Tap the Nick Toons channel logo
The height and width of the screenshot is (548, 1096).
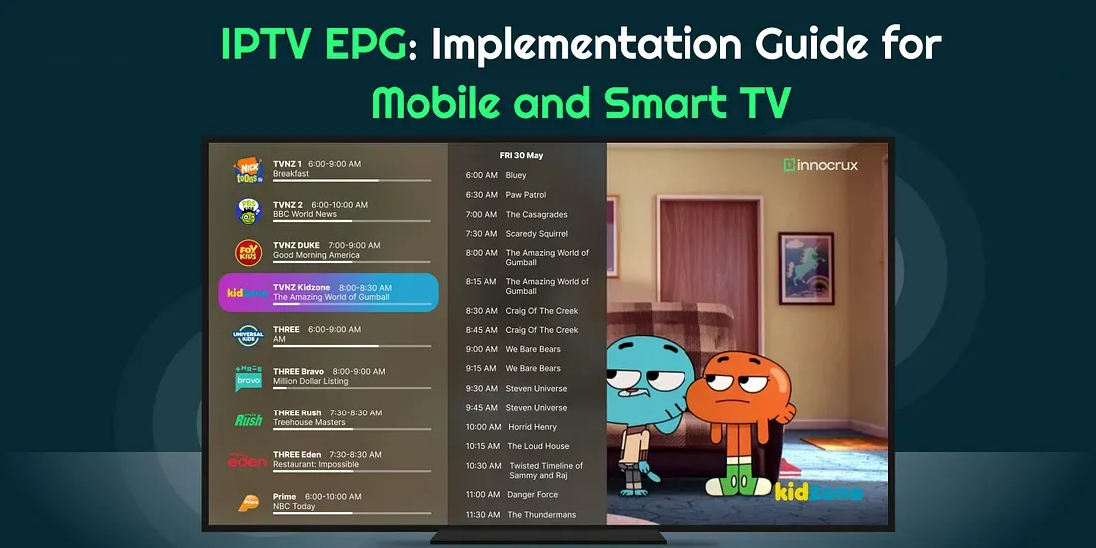point(248,170)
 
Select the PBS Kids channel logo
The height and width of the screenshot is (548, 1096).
point(248,211)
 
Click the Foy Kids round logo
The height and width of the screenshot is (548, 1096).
point(248,253)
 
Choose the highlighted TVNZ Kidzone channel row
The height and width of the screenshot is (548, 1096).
point(329,292)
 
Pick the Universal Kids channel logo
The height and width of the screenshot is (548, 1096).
point(248,336)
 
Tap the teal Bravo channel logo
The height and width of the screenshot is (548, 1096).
point(248,378)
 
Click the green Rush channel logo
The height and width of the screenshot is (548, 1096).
point(248,419)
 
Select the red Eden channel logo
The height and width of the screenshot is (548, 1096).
point(247,460)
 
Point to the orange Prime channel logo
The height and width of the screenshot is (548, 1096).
point(248,502)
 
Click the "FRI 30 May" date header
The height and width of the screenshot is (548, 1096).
point(521,155)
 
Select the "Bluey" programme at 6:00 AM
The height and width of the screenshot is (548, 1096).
point(516,175)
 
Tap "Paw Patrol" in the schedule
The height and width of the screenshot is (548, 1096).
point(526,195)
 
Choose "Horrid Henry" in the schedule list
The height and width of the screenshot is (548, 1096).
point(533,427)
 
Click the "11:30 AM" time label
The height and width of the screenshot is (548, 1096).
point(483,515)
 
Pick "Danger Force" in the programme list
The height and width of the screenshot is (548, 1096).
point(533,495)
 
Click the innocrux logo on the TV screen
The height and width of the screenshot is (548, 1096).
point(821,165)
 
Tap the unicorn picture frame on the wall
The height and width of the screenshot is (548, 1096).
point(806,268)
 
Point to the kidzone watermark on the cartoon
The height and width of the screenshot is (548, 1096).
point(818,492)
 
